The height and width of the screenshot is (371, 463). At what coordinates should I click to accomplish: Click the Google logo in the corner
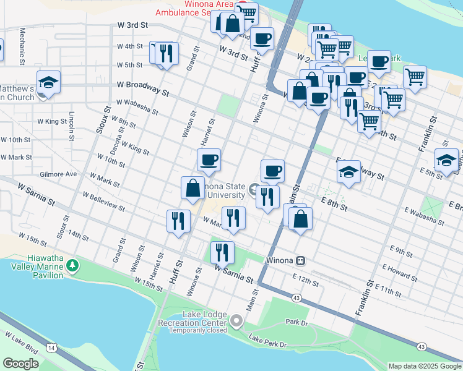20,364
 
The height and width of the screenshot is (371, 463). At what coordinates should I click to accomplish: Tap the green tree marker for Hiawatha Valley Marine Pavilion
74,265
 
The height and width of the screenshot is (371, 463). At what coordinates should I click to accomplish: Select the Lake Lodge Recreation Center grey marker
236,320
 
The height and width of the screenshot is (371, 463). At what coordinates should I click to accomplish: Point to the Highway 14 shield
50,349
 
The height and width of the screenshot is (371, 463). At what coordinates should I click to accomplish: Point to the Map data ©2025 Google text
425,366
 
